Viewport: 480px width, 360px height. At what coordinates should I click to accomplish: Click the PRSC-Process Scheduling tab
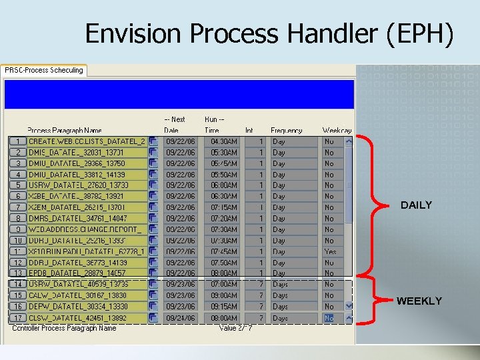44,70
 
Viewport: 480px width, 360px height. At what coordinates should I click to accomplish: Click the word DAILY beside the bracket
416,205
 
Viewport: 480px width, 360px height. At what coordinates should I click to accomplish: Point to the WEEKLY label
419,301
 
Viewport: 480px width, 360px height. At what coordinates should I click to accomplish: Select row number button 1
17,141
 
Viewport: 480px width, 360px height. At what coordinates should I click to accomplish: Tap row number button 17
17,318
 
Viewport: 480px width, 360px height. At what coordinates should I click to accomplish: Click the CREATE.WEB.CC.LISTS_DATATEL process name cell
86,141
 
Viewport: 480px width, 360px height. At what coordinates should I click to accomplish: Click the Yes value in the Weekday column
330,251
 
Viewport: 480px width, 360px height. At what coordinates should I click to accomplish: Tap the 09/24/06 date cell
180,318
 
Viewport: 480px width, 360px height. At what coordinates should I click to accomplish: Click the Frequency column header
286,131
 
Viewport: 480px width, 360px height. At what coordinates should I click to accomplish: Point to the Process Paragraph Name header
65,131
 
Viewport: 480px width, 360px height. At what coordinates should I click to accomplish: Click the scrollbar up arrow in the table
348,141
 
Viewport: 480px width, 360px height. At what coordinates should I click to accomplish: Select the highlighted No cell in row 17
329,318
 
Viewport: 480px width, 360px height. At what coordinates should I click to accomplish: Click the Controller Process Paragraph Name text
64,328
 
